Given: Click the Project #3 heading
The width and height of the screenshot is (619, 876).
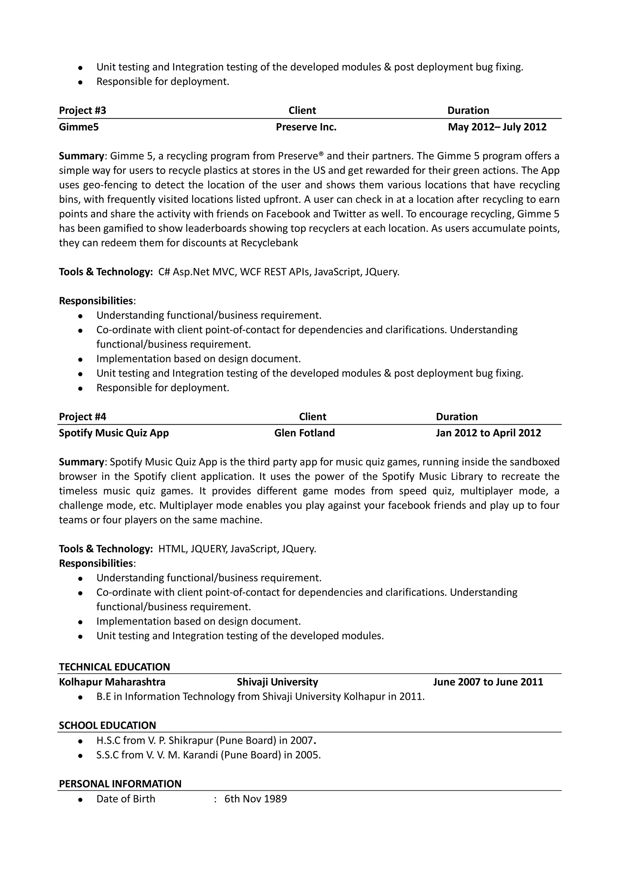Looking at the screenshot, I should point(83,110).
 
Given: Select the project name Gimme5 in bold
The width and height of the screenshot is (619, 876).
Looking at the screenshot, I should point(79,127).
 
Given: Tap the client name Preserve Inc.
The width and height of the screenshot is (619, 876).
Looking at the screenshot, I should point(306,127).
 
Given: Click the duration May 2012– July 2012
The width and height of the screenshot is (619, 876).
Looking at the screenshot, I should point(497,127).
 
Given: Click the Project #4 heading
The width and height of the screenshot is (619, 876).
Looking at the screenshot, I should point(83,416).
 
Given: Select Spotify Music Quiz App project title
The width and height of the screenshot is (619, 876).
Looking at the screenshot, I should point(114,433).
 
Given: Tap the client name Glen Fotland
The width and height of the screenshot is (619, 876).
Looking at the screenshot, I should point(304,433).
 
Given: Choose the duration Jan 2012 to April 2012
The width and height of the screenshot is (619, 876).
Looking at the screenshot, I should point(488,433).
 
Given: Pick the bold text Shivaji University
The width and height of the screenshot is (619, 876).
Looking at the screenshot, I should point(277,682).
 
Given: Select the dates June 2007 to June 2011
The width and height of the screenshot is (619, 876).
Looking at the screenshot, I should point(488,682).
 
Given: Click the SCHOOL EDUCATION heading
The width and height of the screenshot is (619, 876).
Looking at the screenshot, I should point(107,725).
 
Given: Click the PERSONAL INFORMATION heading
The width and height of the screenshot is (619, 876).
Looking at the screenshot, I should point(120,784).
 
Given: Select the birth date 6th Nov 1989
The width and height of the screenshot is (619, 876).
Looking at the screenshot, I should point(255,799).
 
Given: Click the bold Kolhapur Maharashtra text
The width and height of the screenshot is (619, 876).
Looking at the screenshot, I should point(112,682).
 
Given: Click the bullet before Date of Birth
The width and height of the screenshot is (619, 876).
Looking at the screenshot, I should point(80,799).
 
